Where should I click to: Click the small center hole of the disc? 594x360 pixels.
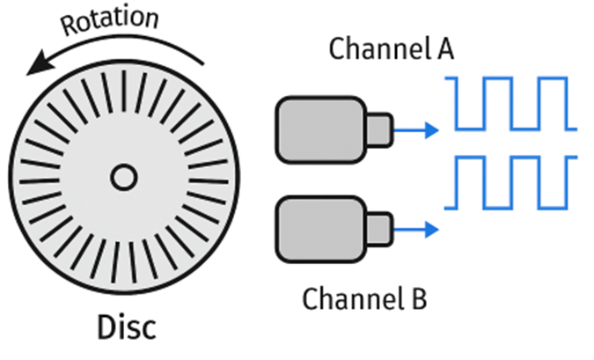[122, 180]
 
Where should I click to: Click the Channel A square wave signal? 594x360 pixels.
[511, 104]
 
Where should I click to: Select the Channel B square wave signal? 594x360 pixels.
[511, 182]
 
